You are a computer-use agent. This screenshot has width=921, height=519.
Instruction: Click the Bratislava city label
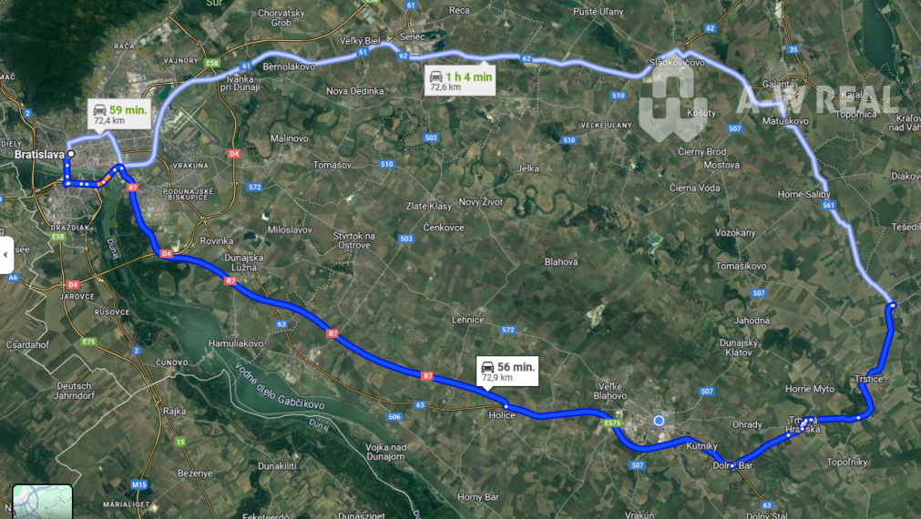pyautogui.click(x=37, y=155)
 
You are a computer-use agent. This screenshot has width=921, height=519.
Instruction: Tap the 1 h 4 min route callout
pyautogui.click(x=461, y=81)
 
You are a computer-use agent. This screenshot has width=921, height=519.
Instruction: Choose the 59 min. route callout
pyautogui.click(x=120, y=114)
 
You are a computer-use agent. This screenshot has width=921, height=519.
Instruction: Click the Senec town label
pyautogui.click(x=413, y=36)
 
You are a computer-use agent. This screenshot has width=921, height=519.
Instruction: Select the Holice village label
pyautogui.click(x=502, y=415)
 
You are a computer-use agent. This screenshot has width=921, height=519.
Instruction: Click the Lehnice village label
pyautogui.click(x=467, y=320)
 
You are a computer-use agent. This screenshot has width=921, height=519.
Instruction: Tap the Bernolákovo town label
pyautogui.click(x=289, y=67)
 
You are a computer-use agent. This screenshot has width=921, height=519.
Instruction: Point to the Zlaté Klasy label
pyautogui.click(x=427, y=206)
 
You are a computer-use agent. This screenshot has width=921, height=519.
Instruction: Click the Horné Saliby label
pyautogui.click(x=803, y=194)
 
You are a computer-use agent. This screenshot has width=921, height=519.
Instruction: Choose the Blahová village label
pyautogui.click(x=561, y=261)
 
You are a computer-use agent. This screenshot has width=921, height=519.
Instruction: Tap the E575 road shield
pyautogui.click(x=613, y=424)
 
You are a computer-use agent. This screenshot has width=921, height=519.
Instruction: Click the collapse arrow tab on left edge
pyautogui.click(x=5, y=255)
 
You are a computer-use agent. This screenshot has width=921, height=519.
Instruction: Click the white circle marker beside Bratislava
pyautogui.click(x=70, y=155)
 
